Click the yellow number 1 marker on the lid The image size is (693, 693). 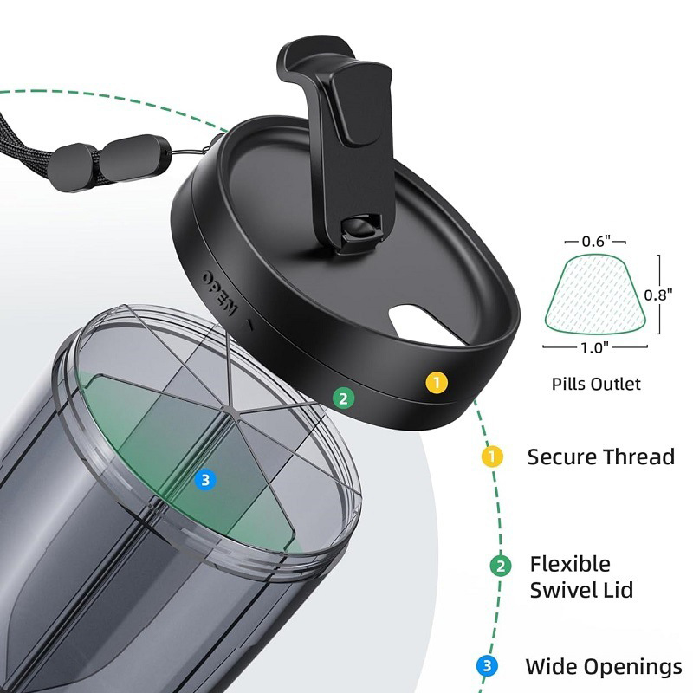point(437,383)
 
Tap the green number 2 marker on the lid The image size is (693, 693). point(343,398)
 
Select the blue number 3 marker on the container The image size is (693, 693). point(205,480)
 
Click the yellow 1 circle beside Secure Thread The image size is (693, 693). point(492,456)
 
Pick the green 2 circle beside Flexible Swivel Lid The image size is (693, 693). point(501,566)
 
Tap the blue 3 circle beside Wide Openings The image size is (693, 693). point(487,666)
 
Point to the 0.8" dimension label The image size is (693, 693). point(658,295)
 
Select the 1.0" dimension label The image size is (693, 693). point(594,348)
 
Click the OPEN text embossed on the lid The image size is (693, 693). point(220,292)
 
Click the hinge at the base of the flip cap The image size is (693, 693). point(361,231)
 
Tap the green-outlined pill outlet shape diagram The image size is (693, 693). point(595,294)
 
